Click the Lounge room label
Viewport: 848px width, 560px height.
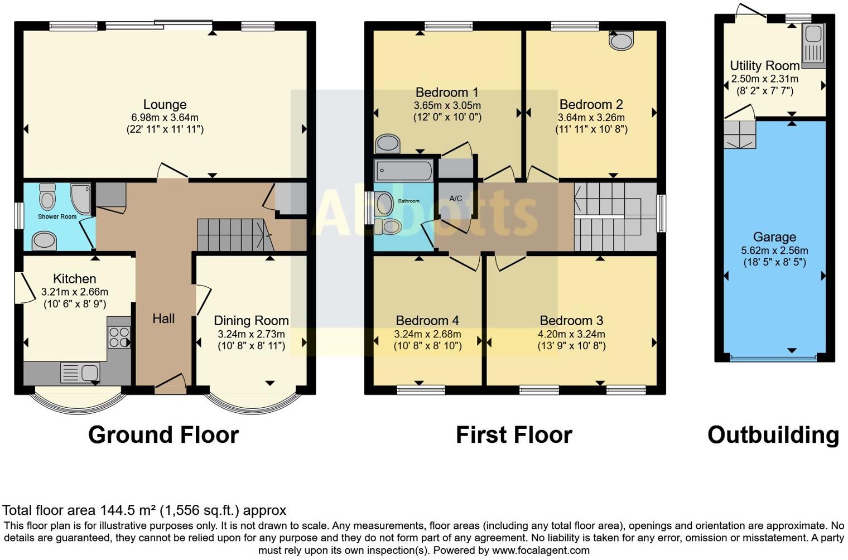(x=165, y=104)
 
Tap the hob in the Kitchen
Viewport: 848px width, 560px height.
(x=119, y=337)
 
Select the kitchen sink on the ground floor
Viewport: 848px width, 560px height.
(x=80, y=373)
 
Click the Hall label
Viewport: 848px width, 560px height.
(x=163, y=318)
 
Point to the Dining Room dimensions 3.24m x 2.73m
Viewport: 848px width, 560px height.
(x=251, y=334)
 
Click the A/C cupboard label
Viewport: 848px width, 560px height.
(x=456, y=199)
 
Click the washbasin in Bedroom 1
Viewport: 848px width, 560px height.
(x=387, y=143)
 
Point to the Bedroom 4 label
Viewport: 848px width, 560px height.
(x=427, y=321)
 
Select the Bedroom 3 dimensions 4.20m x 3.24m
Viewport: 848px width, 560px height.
(x=571, y=334)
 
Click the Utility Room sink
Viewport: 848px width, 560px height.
(x=813, y=44)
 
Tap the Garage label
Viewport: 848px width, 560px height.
(x=774, y=237)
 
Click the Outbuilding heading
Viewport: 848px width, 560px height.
(x=773, y=435)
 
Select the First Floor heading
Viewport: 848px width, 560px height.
(x=514, y=435)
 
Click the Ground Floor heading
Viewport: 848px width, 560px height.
(x=163, y=435)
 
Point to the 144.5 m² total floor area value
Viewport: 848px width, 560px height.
(x=128, y=510)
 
